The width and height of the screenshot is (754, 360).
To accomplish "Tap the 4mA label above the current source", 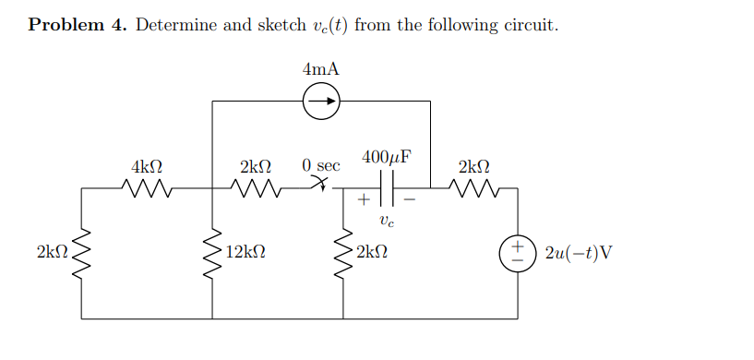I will click(320, 68).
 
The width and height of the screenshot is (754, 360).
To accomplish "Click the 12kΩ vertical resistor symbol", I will click(213, 252).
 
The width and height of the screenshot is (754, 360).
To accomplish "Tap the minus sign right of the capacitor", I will click(412, 198).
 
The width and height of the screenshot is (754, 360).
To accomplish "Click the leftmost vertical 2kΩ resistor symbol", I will click(82, 252).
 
